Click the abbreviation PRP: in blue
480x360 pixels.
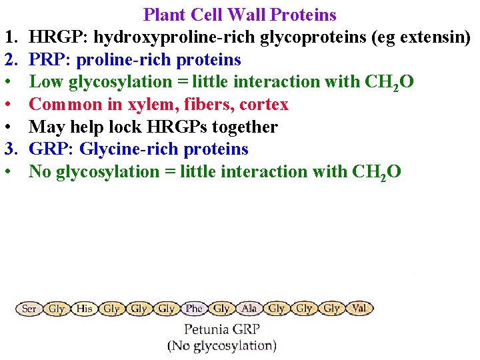pos(51,60)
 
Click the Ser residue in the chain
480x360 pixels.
pos(29,309)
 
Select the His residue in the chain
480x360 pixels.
pos(85,309)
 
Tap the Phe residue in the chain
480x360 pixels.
pos(194,309)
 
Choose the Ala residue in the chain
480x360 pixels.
pos(249,309)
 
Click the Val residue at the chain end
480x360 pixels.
pos(359,309)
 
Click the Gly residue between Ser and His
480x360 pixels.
pos(57,309)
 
